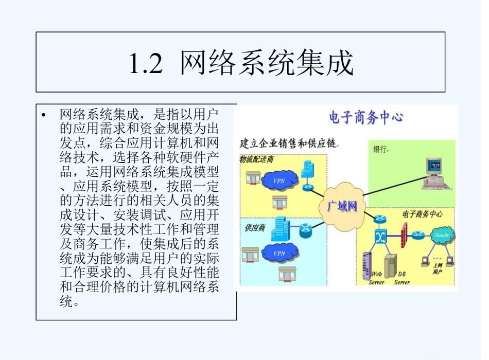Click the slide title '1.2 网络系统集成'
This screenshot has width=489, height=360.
click(241, 63)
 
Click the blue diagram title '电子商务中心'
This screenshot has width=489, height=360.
click(365, 118)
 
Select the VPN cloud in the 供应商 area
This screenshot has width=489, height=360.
click(280, 253)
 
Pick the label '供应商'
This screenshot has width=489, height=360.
click(251, 227)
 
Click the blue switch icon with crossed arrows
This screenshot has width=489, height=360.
click(381, 237)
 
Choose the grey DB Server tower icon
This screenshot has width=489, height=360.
click(391, 264)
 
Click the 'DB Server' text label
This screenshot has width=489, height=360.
click(403, 278)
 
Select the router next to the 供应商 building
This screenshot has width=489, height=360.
click(306, 230)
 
